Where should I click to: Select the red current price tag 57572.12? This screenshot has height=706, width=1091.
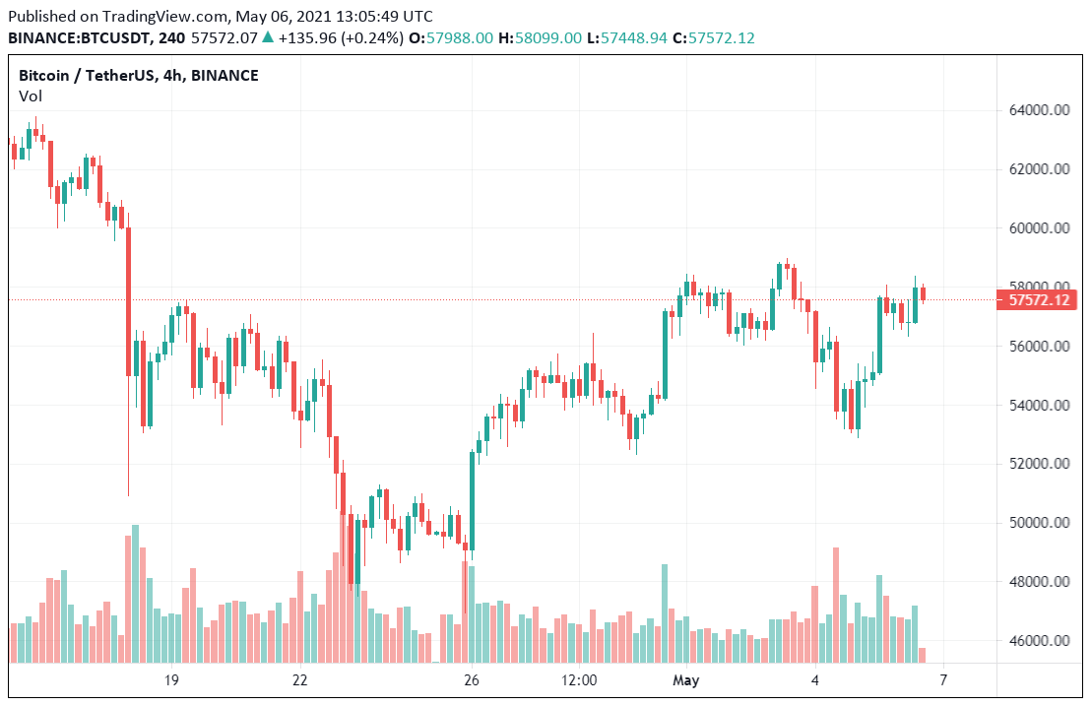[1040, 300]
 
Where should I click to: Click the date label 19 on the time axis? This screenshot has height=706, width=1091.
[171, 680]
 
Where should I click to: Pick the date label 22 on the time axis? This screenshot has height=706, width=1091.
[300, 680]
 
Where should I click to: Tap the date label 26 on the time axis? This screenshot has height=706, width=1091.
[472, 680]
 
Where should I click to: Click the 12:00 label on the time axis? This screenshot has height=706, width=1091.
[579, 680]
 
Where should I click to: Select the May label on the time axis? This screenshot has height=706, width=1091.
[685, 680]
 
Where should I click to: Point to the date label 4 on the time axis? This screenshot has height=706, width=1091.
[815, 680]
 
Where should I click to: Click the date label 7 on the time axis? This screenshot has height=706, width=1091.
[943, 680]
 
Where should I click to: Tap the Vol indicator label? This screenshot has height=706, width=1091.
[30, 96]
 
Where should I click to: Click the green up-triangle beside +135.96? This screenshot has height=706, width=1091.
[268, 37]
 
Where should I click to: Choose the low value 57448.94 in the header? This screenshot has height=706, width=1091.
[631, 37]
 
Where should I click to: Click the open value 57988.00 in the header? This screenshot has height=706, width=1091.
[458, 37]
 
